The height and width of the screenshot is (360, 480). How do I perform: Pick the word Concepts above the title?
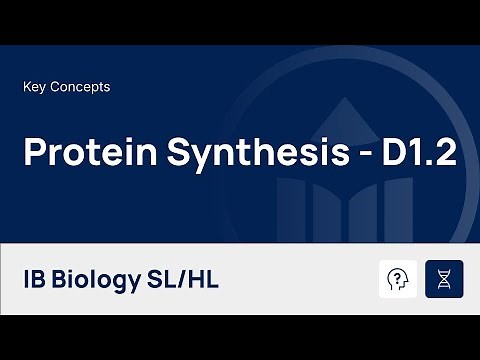[x=80, y=87]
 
